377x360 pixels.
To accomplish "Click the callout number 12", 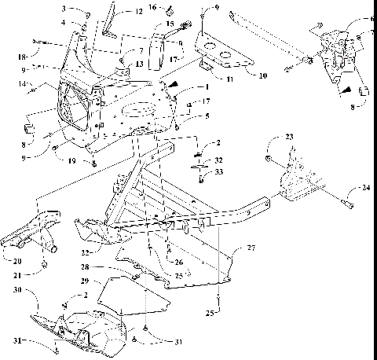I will tap(138, 12).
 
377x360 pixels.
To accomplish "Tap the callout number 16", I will tap(154, 7).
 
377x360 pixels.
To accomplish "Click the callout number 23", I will tap(290, 138).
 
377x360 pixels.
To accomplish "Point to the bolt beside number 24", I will tap(346, 206).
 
